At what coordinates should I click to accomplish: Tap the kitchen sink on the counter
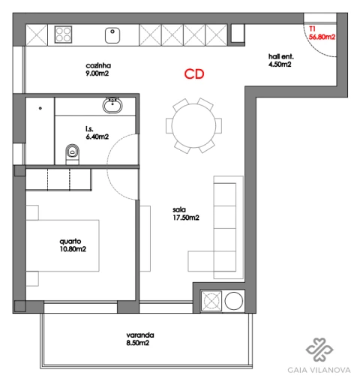113,35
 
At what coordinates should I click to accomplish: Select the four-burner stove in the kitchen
63,35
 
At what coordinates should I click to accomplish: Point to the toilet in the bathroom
73,152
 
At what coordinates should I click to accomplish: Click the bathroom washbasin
113,104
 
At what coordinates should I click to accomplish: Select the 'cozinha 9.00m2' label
98,69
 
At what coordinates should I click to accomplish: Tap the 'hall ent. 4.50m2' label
280,61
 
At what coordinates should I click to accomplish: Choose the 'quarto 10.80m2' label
73,245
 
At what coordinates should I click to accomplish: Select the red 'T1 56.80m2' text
321,32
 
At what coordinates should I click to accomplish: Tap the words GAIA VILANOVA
319,368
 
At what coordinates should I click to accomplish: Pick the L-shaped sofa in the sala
224,225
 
